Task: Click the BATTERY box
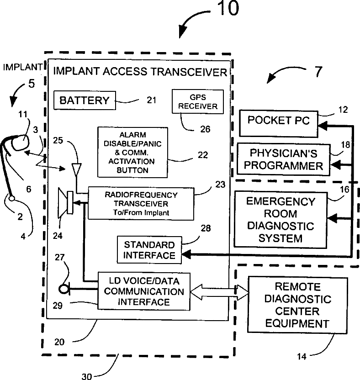click(85, 100)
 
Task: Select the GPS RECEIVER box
click(198, 101)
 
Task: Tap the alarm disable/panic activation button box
click(132, 153)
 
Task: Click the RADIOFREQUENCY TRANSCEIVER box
click(141, 204)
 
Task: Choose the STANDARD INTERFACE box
click(149, 250)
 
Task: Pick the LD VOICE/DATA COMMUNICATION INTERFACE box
click(144, 291)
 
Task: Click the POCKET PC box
click(279, 124)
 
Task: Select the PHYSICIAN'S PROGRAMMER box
click(283, 159)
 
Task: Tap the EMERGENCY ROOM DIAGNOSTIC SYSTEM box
click(281, 220)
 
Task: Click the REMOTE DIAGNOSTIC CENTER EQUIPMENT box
click(298, 305)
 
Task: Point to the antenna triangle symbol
click(77, 169)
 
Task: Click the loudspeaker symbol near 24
click(66, 203)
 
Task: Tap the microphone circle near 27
click(64, 289)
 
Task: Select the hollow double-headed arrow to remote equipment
click(219, 292)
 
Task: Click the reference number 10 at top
click(228, 9)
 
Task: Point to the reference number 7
click(318, 72)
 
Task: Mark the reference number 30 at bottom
click(86, 376)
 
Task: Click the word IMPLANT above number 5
click(23, 67)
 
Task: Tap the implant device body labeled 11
click(21, 143)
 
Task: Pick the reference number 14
click(302, 357)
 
